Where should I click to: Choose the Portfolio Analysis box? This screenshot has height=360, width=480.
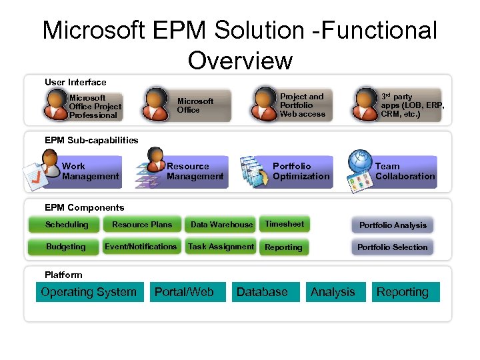pos(393,225)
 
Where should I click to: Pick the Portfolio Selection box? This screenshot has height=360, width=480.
pos(393,247)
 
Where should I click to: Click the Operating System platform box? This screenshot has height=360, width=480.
pos(89,292)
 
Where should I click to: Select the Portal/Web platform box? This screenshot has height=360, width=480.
pos(184,292)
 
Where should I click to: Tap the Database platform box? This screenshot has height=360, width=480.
pos(262,292)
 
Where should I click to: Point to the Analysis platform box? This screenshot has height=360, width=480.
pos(333,292)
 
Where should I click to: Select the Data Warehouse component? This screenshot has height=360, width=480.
pos(221,225)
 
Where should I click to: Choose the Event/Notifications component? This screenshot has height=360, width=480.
pos(141,247)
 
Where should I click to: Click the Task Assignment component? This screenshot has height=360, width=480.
pos(221,247)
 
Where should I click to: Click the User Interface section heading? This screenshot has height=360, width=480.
pos(75,83)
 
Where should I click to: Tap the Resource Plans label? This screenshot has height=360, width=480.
pos(142,225)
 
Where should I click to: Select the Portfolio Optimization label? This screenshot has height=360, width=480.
pos(301,171)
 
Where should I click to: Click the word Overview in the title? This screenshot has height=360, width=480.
pos(240,60)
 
